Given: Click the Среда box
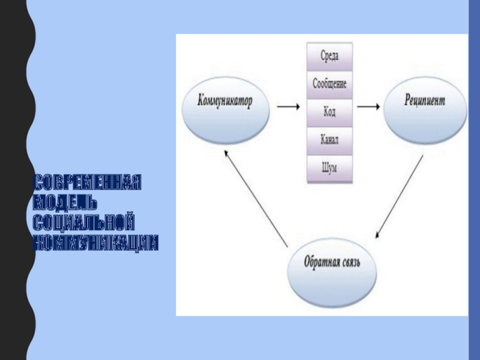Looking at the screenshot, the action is (330, 58).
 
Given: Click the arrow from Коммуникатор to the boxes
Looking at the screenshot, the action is (289, 107).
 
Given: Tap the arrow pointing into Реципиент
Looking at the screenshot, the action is (368, 107).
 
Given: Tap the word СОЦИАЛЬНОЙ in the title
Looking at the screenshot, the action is (83, 223).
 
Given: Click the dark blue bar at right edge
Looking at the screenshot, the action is (474, 180).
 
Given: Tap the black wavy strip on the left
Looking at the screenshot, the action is (15, 180).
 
